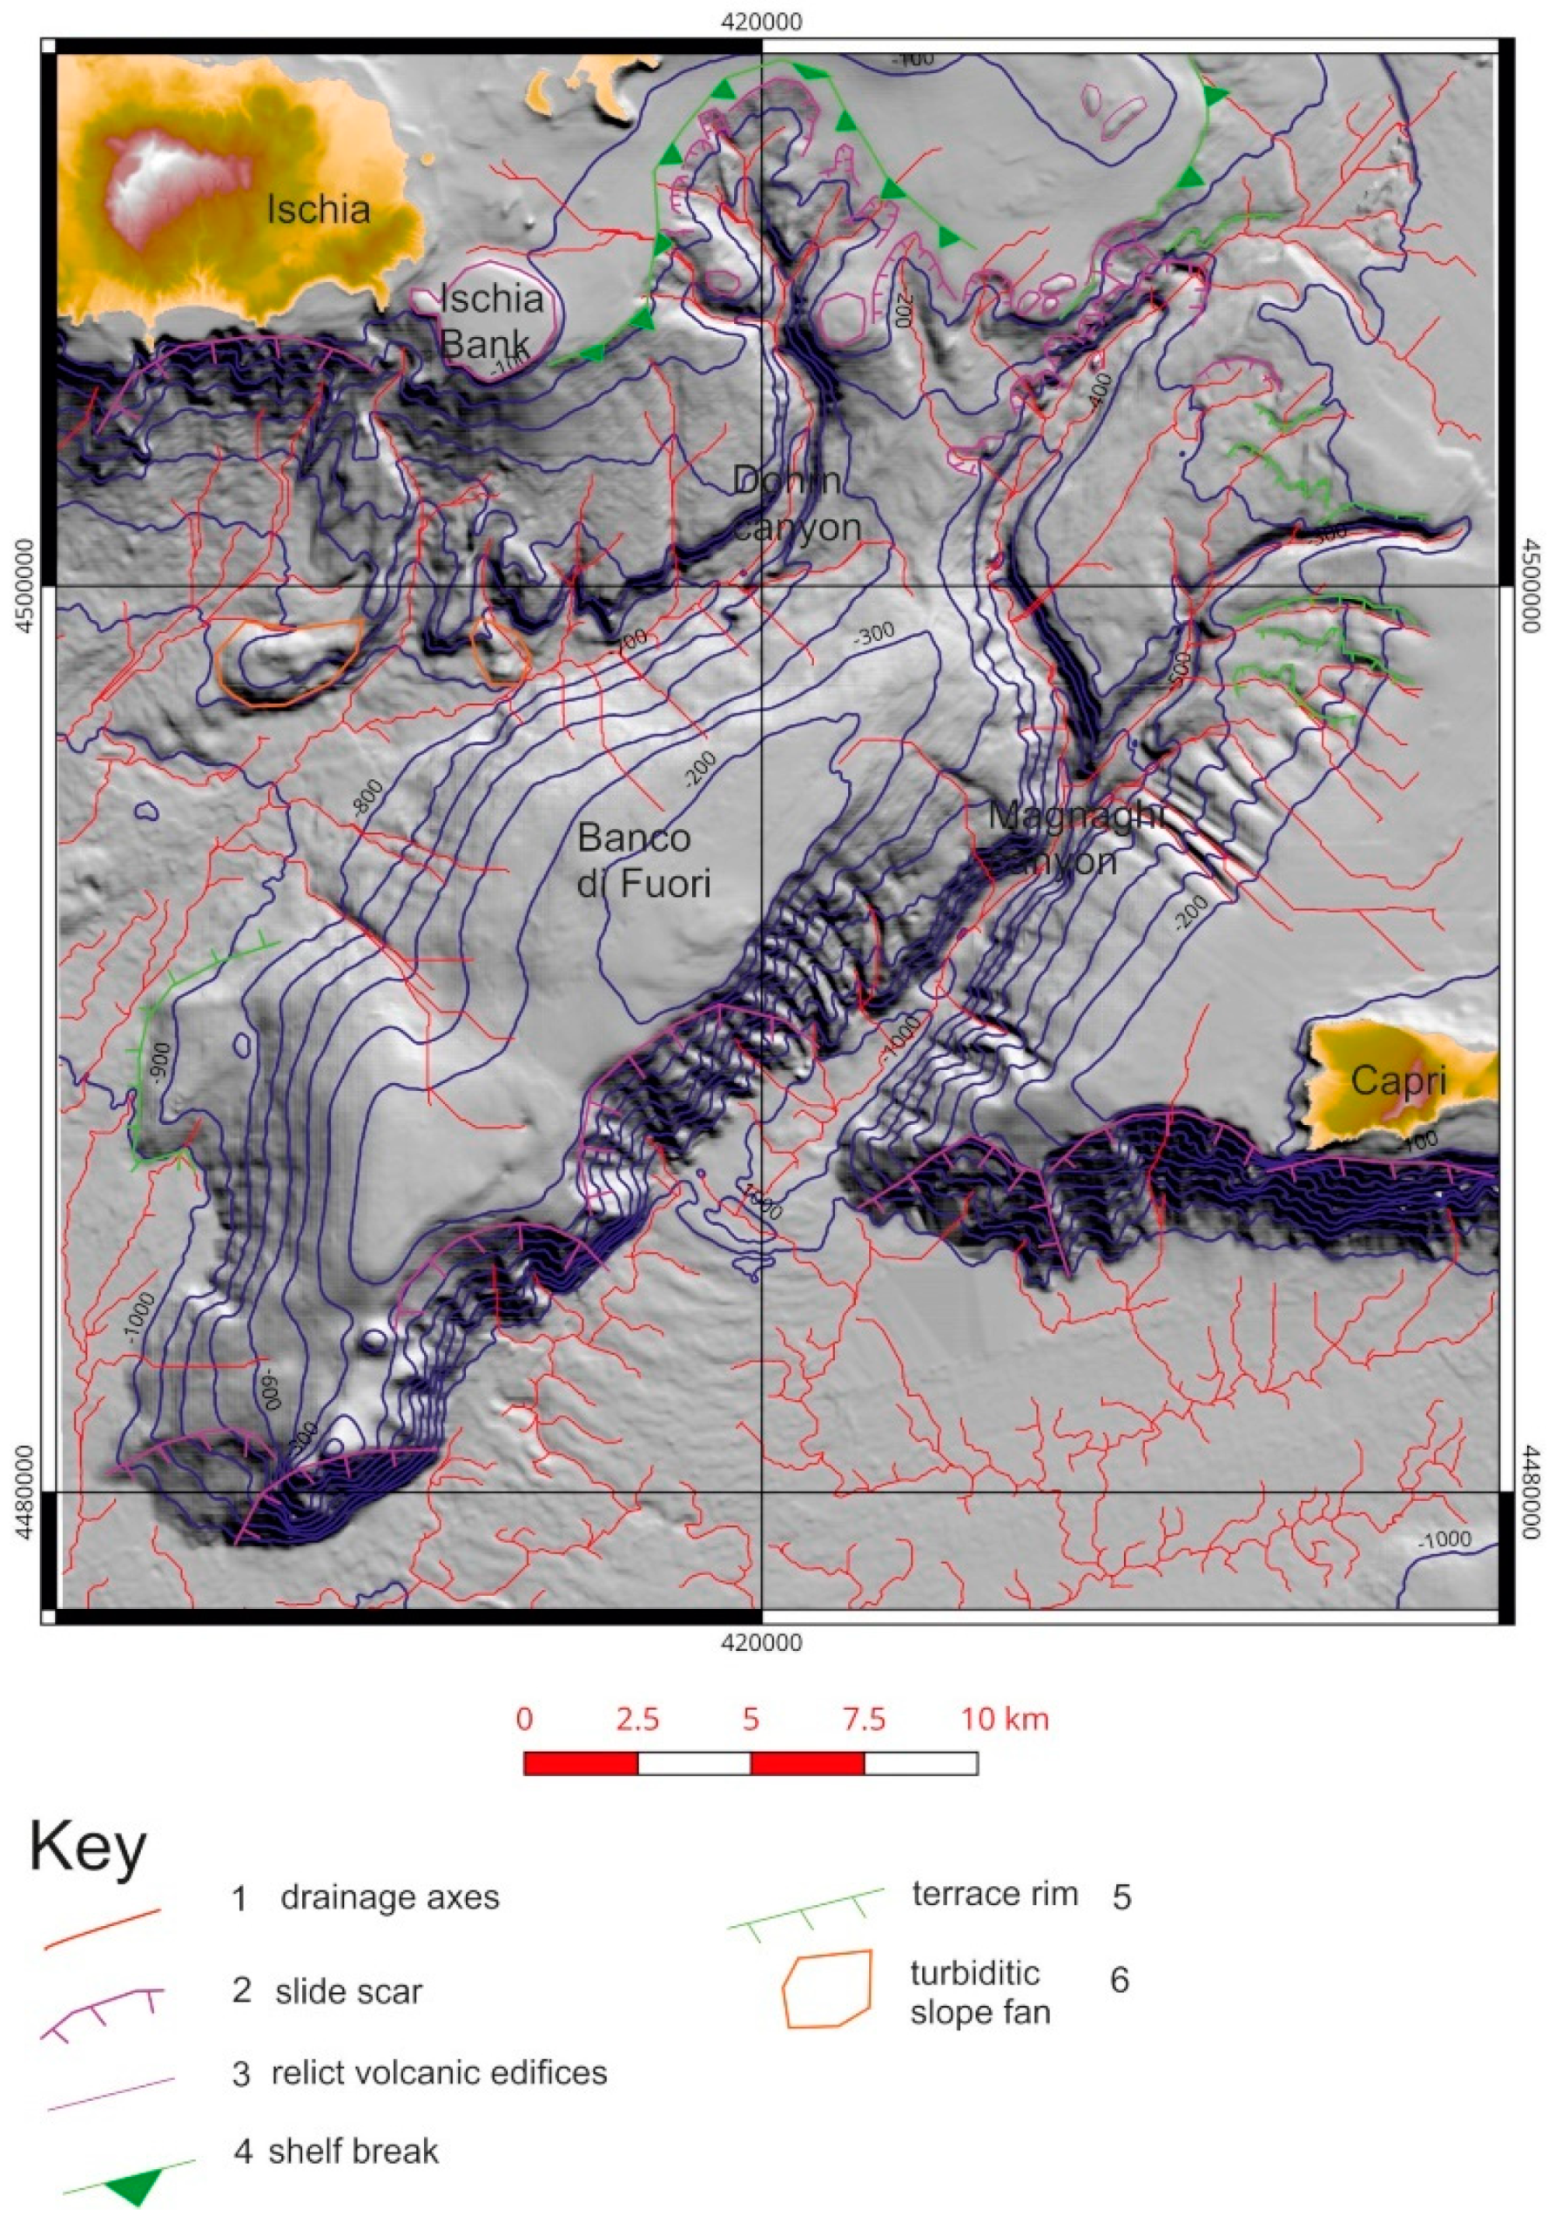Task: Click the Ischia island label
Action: [x=319, y=209]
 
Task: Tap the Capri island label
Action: [x=1397, y=1081]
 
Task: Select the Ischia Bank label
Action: [x=491, y=320]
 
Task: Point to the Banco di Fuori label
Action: [x=643, y=860]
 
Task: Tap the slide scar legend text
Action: [x=348, y=1991]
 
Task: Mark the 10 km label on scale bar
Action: [x=1005, y=1720]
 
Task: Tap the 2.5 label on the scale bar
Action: [x=637, y=1720]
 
